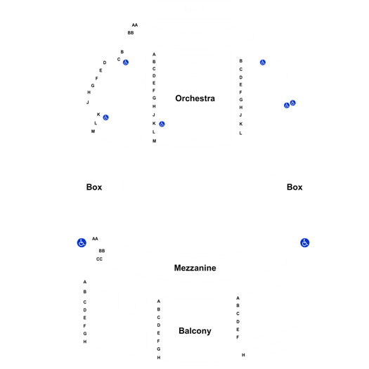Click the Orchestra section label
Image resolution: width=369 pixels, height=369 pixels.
195,98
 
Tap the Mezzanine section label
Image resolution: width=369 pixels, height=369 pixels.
195,268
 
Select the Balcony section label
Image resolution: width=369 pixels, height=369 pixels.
195,331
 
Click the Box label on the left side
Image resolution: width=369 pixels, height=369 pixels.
94,187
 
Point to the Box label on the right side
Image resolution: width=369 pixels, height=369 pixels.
294,187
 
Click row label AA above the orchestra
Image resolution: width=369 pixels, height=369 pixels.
135,25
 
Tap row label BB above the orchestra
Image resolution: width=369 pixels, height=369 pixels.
131,33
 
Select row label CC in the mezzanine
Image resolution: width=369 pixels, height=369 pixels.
99,259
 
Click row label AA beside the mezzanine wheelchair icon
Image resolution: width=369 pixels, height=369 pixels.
95,239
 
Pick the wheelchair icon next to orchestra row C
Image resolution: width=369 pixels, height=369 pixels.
126,63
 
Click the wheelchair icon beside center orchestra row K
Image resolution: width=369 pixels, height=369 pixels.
162,124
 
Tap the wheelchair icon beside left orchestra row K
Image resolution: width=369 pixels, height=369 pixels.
105,117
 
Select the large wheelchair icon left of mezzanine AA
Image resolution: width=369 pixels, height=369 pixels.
82,242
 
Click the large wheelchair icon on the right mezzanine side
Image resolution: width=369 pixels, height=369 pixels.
305,242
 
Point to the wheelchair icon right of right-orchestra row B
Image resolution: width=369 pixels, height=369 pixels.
263,63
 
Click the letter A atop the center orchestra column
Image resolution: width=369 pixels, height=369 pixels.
154,54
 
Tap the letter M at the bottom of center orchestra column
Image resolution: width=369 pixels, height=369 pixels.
154,141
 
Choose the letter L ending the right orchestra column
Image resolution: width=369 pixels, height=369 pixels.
240,134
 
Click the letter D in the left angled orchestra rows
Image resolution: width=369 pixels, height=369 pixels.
105,63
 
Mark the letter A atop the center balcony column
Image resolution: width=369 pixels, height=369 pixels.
159,302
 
